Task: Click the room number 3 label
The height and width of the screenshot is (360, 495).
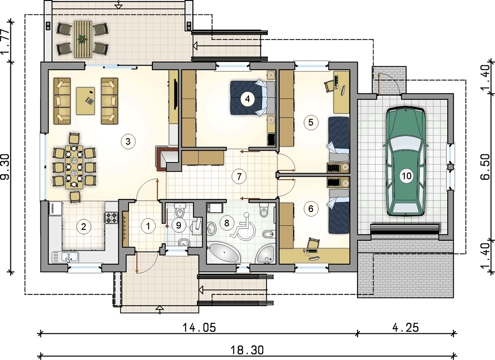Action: click(x=128, y=141)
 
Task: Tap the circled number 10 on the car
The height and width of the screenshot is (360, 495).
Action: click(x=406, y=175)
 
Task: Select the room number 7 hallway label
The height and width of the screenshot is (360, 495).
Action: click(x=239, y=176)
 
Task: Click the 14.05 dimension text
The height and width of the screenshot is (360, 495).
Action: click(x=200, y=328)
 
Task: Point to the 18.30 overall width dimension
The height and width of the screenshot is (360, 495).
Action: click(x=247, y=350)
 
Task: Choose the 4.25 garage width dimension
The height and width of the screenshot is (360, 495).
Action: click(x=406, y=328)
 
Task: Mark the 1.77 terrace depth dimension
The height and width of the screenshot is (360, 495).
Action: click(x=6, y=41)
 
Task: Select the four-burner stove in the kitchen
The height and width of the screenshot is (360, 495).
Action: click(x=111, y=217)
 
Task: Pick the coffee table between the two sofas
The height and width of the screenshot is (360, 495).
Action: click(x=85, y=101)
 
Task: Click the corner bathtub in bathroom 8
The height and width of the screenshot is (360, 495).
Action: click(x=267, y=254)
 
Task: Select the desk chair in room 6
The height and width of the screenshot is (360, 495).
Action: click(x=313, y=243)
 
